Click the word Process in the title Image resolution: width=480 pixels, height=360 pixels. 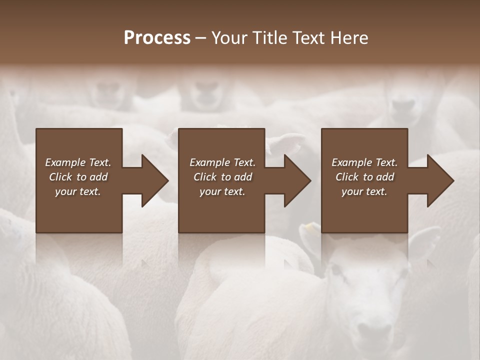click(157, 38)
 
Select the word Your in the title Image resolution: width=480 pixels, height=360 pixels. click(229, 38)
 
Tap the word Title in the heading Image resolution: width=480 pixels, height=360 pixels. click(269, 38)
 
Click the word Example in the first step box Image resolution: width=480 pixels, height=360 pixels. click(65, 162)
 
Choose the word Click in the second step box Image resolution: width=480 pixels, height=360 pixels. click(204, 177)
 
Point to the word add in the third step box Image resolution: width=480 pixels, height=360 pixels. click(385, 177)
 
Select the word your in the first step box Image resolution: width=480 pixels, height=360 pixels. click(65, 191)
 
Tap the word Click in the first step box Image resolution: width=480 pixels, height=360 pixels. click(60, 177)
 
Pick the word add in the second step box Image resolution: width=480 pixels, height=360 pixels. click(243, 177)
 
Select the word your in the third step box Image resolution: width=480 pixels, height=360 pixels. click(352, 191)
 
